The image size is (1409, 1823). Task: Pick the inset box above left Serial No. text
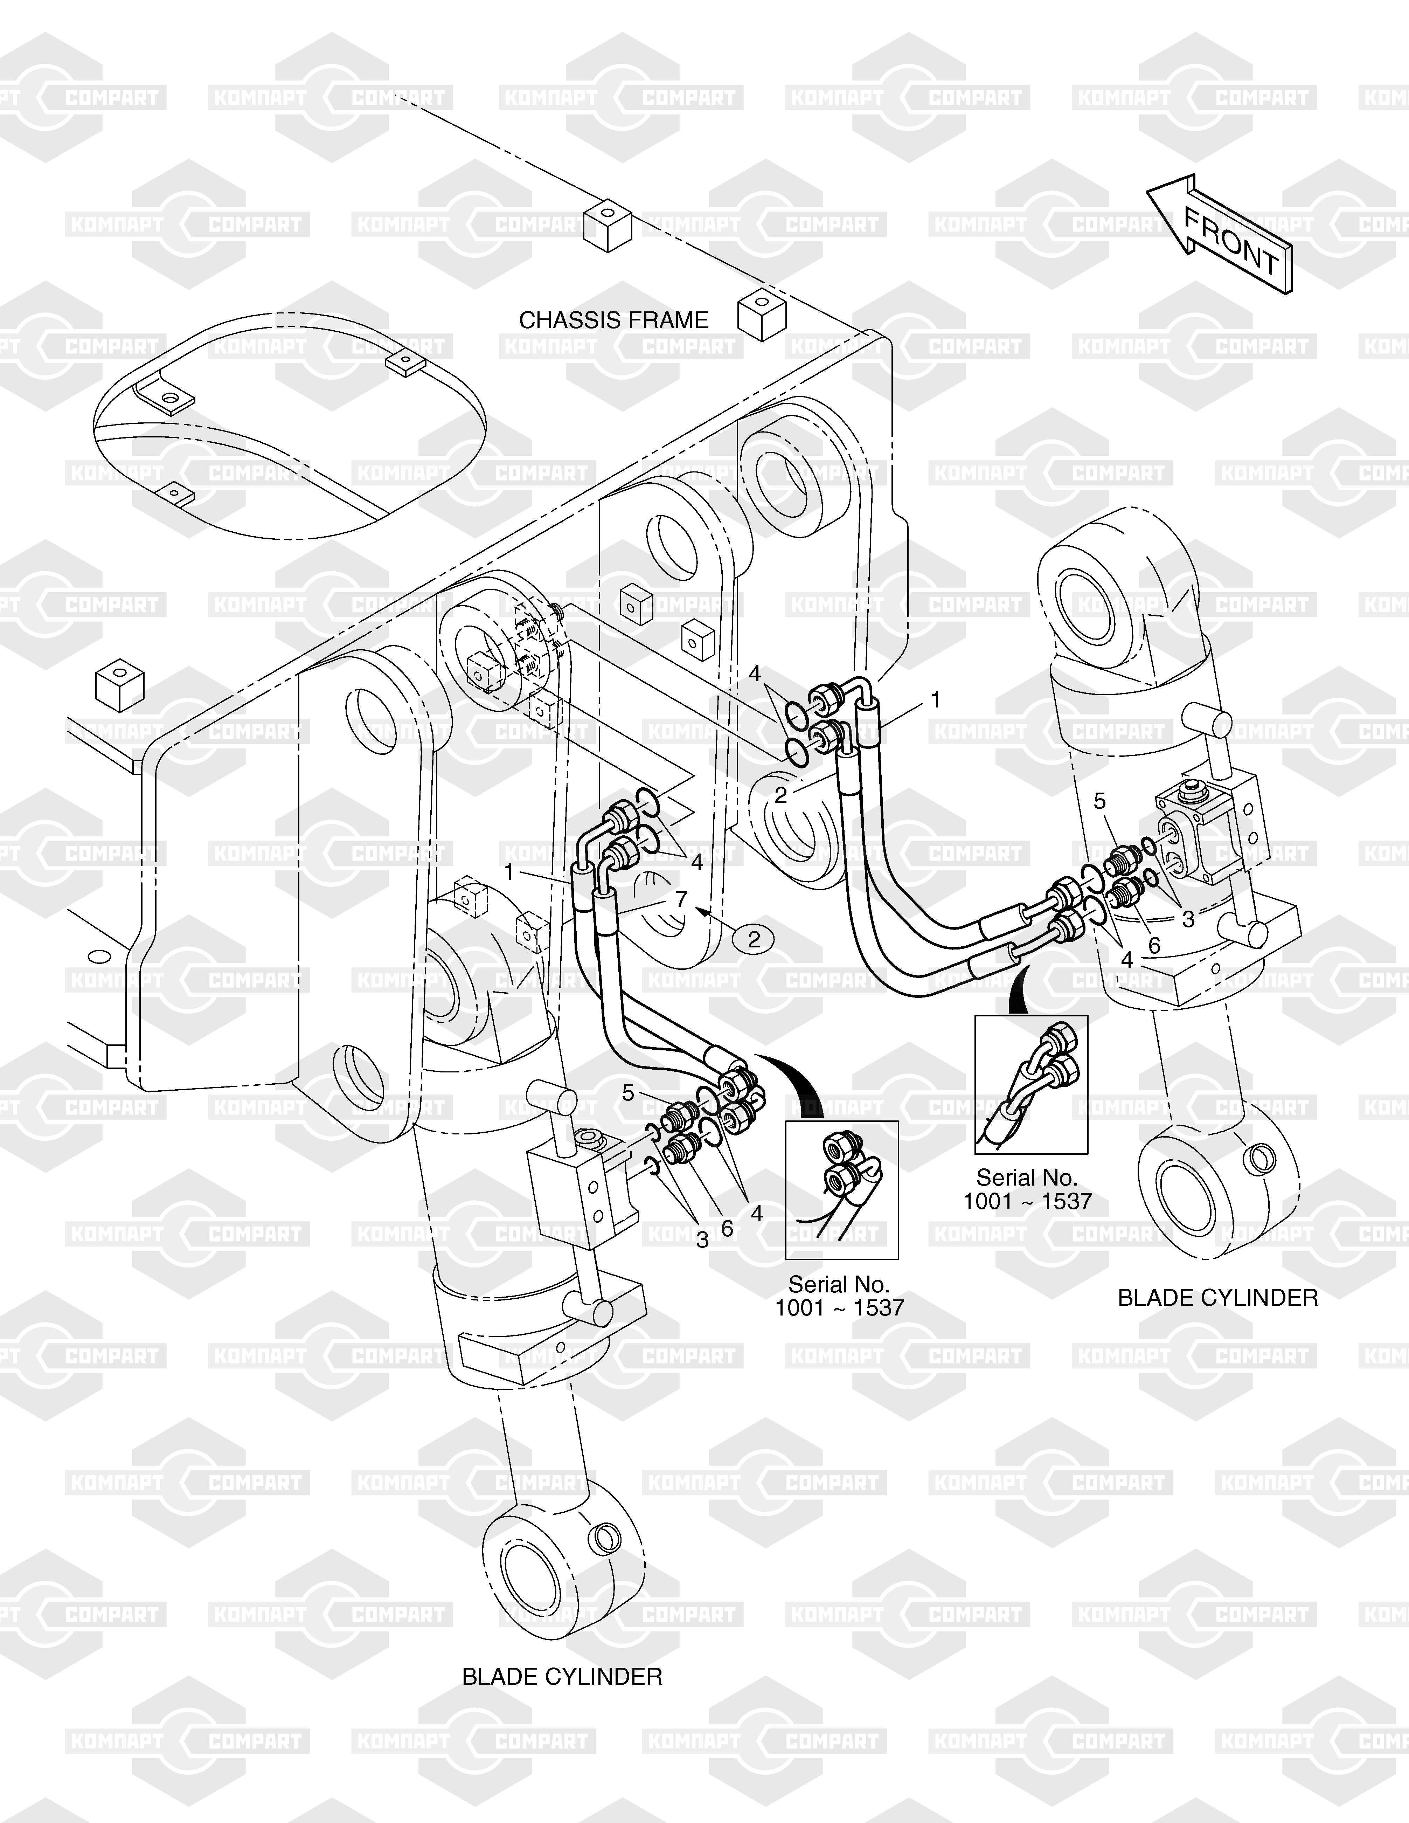[x=841, y=1189]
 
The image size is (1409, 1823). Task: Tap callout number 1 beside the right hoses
[x=936, y=699]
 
